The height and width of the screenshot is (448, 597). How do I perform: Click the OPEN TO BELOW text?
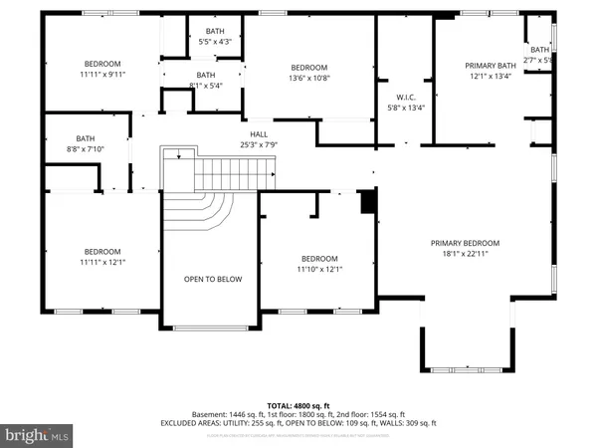point(213,279)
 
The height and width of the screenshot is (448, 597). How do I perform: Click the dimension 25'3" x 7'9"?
point(258,144)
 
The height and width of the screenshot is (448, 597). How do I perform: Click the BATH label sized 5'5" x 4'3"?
point(215,32)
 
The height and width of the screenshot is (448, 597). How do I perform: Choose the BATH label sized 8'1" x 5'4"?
point(206,75)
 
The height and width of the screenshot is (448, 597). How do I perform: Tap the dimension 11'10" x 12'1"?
point(319,269)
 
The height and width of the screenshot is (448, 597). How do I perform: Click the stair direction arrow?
point(178,153)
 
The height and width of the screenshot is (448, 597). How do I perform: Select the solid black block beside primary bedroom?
point(368,201)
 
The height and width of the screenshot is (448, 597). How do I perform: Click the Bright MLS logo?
point(37,434)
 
